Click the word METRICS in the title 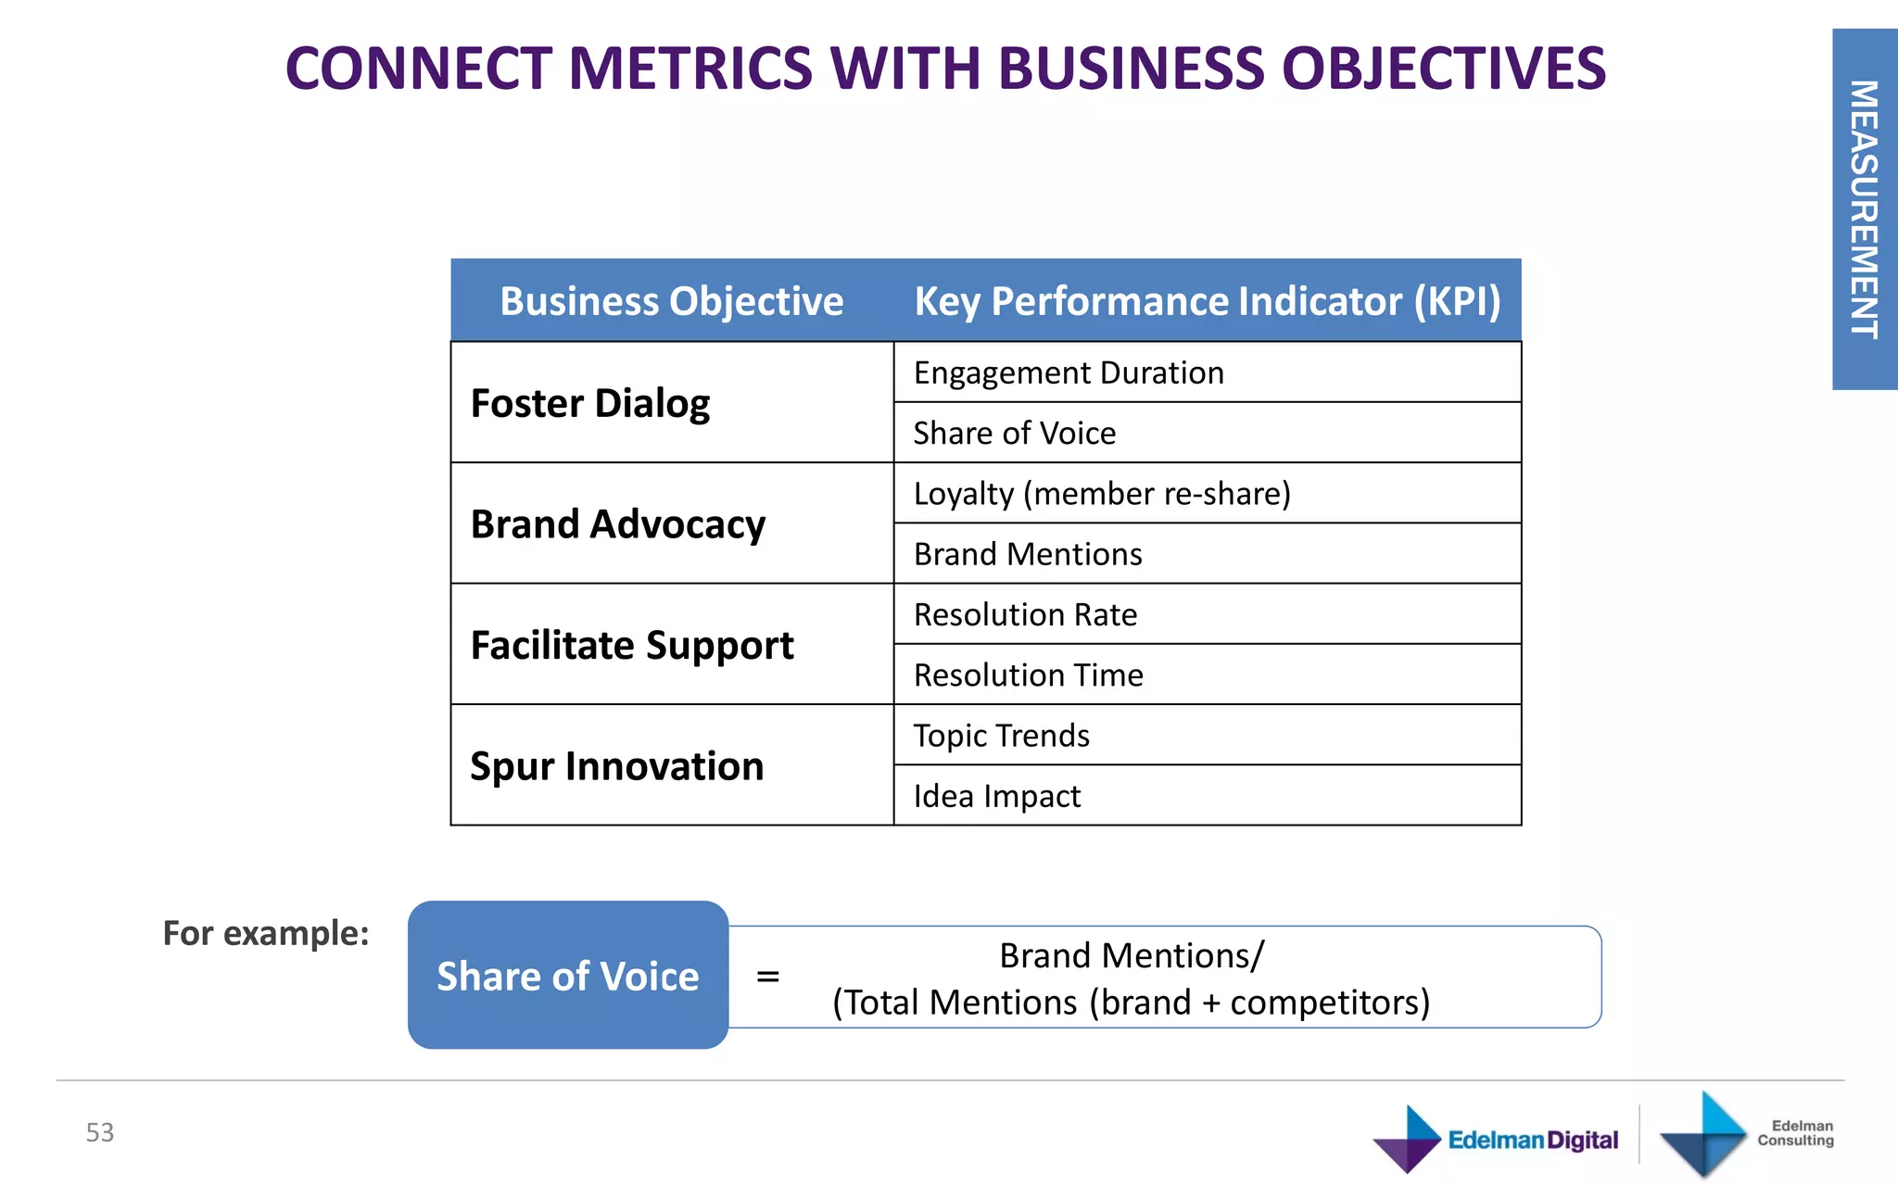[x=690, y=69]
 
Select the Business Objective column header [x=671, y=301]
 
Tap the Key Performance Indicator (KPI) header [x=1207, y=301]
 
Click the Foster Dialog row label [x=590, y=403]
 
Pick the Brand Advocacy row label [x=618, y=524]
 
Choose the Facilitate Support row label [x=632, y=645]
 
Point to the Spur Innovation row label [x=616, y=766]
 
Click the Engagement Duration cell [x=1069, y=372]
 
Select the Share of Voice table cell [x=1015, y=433]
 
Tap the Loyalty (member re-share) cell [x=1102, y=494]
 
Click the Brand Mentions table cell [x=1028, y=554]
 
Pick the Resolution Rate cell [x=1025, y=614]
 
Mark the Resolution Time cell [x=1028, y=675]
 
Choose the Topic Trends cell [x=1001, y=736]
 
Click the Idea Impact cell [x=996, y=796]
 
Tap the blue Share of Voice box [x=568, y=976]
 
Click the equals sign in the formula [x=767, y=977]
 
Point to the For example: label [x=266, y=933]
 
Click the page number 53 [x=100, y=1132]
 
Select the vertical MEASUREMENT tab [x=1864, y=209]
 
